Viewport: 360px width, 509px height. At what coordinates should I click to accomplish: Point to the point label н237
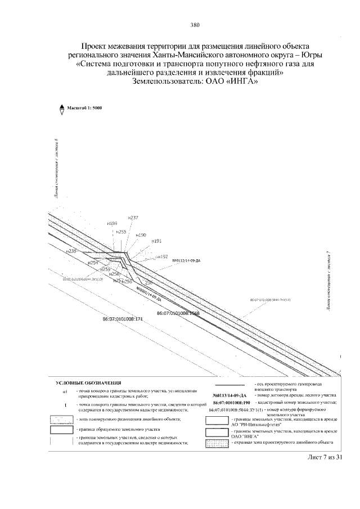coord(133,217)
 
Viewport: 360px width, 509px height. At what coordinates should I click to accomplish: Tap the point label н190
coord(141,235)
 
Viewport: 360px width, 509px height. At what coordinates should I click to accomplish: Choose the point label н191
coord(156,241)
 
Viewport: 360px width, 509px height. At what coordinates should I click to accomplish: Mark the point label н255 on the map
coord(121,231)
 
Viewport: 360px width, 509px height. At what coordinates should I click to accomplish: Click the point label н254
coord(93,263)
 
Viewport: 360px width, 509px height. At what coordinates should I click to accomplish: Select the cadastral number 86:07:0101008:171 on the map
coord(123,319)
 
